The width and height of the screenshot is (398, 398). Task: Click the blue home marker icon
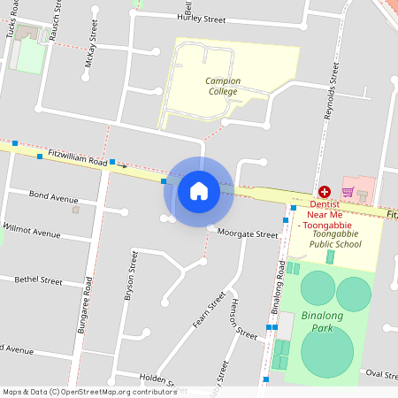click(x=199, y=191)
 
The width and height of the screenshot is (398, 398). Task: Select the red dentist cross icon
click(x=325, y=192)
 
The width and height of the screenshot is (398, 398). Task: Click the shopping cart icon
click(x=348, y=192)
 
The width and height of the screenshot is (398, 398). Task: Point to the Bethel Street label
click(x=39, y=280)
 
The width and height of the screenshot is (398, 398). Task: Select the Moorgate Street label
click(x=248, y=234)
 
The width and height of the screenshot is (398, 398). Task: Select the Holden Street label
click(x=146, y=376)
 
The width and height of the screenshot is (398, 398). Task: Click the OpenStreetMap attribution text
click(x=88, y=392)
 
